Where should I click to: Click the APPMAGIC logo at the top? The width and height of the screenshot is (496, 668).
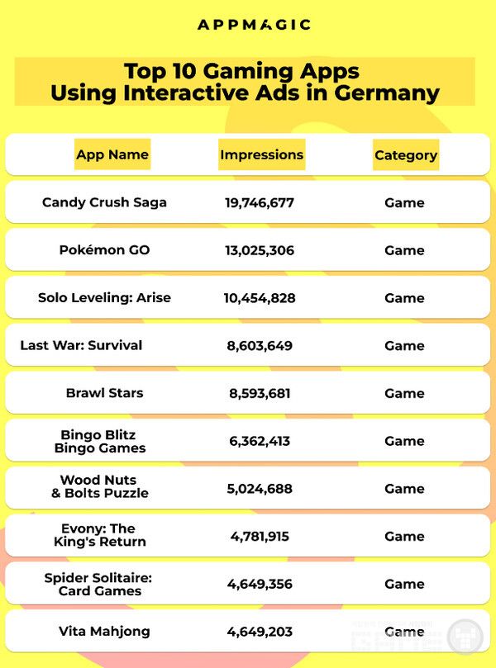[254, 25]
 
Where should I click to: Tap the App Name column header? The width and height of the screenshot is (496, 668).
[112, 154]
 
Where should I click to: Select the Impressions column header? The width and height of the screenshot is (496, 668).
[261, 154]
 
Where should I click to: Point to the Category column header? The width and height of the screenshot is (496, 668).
[405, 155]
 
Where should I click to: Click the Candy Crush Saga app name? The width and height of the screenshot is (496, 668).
[104, 202]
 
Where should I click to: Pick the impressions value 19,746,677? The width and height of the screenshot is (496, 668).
[260, 202]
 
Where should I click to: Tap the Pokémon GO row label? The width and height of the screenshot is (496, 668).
[104, 250]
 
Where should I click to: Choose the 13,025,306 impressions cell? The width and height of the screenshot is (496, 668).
[260, 250]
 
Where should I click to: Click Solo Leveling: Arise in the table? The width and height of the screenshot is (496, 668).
[104, 297]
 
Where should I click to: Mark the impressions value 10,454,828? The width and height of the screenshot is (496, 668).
[260, 298]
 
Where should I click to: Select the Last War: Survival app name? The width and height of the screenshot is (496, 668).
[81, 345]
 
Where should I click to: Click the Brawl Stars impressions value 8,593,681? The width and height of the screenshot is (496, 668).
[260, 393]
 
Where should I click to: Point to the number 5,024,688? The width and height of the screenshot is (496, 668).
[260, 489]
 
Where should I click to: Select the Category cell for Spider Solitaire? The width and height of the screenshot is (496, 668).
[404, 584]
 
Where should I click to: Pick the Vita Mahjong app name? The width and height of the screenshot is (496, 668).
[104, 632]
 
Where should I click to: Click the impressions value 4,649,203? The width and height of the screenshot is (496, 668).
[260, 632]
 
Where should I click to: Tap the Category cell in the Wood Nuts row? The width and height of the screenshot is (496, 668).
[404, 489]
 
